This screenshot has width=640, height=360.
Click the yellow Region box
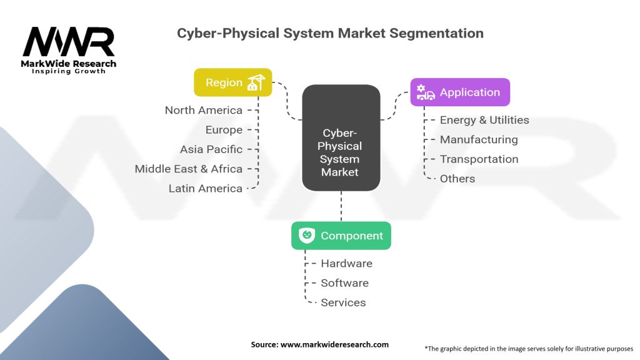232,82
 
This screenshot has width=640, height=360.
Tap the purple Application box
460,92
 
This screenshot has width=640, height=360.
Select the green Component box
341,236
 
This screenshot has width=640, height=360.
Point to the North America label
203,110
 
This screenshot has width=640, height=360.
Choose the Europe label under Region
224,130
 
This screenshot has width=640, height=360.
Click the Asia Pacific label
211,149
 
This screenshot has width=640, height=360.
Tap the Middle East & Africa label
189,169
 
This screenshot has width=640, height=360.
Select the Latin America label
206,188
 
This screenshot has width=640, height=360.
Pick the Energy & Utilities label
484,120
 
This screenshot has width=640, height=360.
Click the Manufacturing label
479,139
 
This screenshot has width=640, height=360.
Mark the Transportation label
479,159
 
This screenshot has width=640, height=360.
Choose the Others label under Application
457,178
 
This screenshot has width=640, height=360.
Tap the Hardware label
346,263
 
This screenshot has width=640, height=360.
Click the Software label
344,282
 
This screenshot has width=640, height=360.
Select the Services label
343,302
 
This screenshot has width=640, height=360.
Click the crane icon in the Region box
256,82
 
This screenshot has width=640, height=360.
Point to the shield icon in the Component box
307,236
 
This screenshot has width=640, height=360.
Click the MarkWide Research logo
69,50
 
